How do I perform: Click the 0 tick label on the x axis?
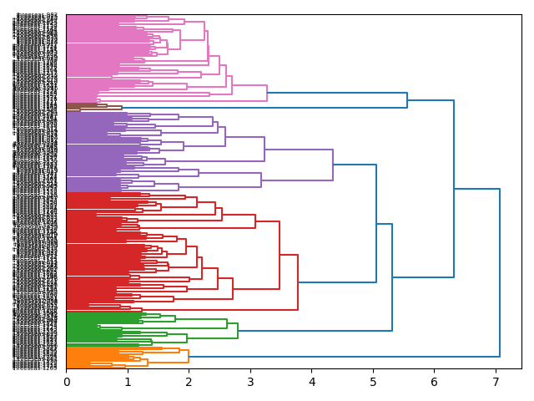pyautogui.click(x=67, y=382)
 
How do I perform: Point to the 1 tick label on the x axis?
pyautogui.click(x=128, y=382)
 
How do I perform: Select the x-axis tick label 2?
pyautogui.click(x=189, y=382)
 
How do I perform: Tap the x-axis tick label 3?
pyautogui.click(x=250, y=382)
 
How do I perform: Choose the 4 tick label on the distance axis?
pyautogui.click(x=312, y=382)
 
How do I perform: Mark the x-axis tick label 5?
pyautogui.click(x=373, y=382)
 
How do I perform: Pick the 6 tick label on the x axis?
pyautogui.click(x=435, y=382)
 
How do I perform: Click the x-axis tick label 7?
pyautogui.click(x=496, y=382)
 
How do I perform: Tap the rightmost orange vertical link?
pyautogui.click(x=189, y=356)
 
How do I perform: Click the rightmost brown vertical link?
pyautogui.click(x=122, y=108)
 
